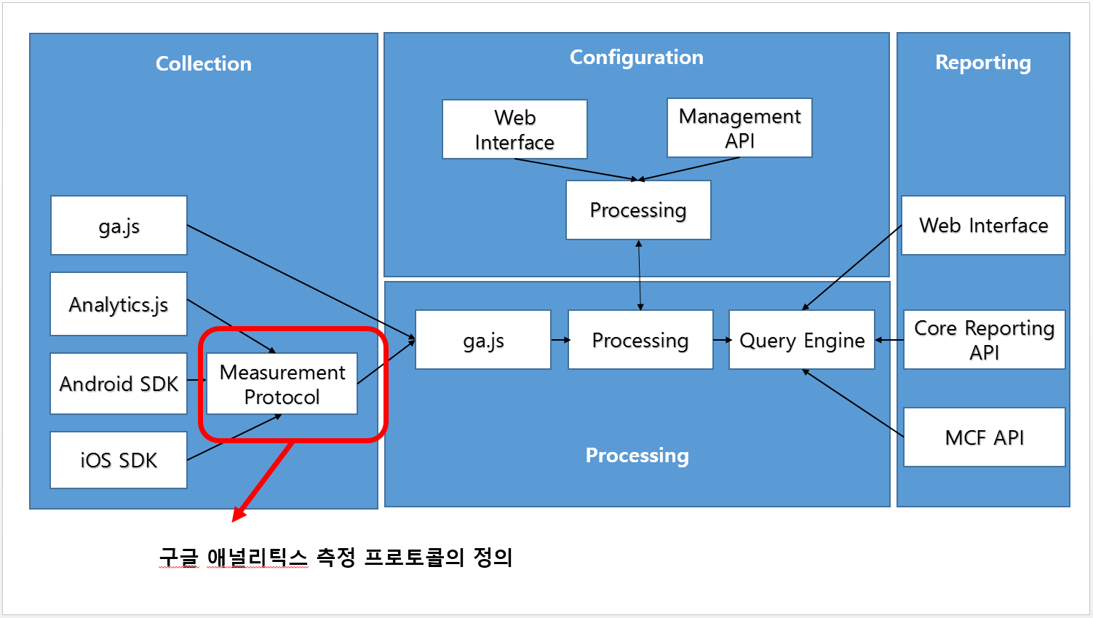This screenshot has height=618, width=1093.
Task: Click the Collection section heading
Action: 204,64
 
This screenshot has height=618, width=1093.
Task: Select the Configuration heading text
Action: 636,58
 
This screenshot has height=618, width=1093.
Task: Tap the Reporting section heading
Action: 982,63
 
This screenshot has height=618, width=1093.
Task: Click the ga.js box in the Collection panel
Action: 119,226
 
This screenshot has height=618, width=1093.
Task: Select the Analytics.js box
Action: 119,304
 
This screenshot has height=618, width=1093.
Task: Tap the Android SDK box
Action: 119,384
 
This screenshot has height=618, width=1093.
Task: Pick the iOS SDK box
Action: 119,460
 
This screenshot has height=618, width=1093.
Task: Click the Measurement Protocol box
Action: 282,384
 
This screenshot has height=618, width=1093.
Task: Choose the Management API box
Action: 739,128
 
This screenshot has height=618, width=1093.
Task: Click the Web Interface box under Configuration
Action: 514,130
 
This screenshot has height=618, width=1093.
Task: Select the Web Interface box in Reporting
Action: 983,226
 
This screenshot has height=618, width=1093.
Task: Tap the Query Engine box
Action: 802,340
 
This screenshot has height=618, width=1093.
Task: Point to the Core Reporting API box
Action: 984,340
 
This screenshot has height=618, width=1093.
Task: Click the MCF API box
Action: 984,437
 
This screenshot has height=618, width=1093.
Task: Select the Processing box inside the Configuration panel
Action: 638,210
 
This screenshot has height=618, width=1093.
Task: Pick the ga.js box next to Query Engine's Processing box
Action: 483,340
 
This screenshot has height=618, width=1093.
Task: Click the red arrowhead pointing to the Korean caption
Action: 239,514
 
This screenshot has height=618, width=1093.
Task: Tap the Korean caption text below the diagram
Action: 336,558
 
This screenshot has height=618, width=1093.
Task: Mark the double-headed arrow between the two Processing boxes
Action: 640,275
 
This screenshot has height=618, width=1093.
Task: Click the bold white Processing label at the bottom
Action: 637,456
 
